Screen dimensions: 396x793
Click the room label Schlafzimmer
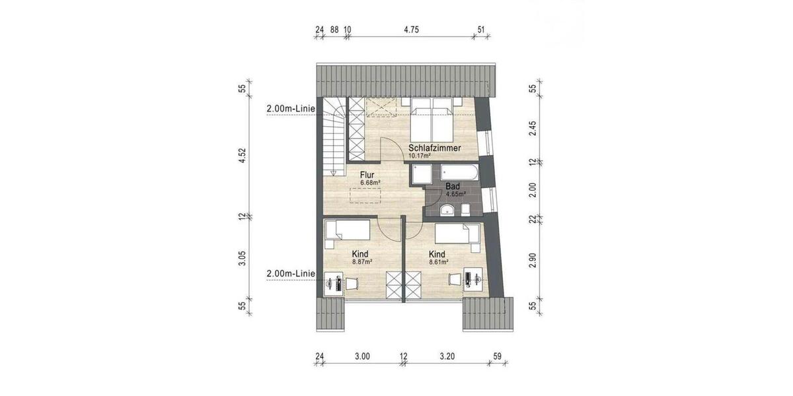434,148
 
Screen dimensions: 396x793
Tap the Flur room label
367,175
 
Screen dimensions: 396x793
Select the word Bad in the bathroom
453,187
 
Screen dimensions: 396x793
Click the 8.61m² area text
438,261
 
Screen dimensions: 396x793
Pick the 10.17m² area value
420,156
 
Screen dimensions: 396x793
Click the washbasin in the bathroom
447,210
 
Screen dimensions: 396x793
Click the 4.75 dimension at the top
412,30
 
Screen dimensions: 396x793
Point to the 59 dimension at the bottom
498,357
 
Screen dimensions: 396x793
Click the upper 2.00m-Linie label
290,108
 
